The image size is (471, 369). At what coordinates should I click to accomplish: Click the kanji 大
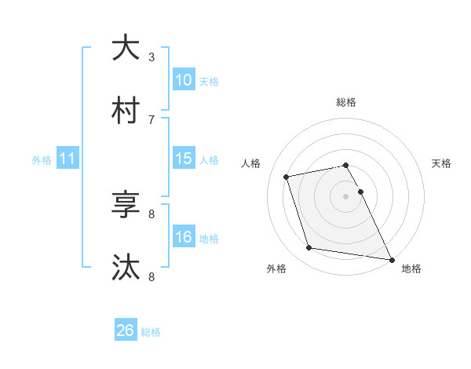click(x=126, y=49)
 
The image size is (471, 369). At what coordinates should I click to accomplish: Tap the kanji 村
click(x=126, y=111)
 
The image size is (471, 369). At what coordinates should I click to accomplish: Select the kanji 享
click(x=126, y=206)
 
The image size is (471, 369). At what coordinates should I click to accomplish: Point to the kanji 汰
click(x=126, y=269)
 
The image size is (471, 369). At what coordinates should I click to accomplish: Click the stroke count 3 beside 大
click(x=152, y=57)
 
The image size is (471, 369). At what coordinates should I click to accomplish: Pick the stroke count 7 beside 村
click(x=152, y=119)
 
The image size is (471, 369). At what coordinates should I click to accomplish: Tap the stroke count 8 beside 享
click(x=152, y=214)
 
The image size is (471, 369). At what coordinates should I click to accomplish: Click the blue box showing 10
click(x=184, y=80)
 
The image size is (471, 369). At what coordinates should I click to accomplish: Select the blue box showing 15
click(x=184, y=159)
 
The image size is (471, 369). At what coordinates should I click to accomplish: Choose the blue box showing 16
click(x=184, y=237)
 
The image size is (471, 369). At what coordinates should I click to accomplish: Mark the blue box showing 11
click(x=68, y=159)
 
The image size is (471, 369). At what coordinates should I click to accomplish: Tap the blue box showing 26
click(x=126, y=331)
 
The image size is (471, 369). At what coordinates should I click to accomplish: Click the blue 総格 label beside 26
click(x=151, y=332)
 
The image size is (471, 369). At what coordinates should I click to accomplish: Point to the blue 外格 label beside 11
click(x=42, y=160)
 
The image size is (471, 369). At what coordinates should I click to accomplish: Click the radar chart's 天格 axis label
click(x=442, y=163)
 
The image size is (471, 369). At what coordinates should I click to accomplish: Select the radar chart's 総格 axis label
click(x=346, y=102)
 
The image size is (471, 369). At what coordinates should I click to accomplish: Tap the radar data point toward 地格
click(x=390, y=258)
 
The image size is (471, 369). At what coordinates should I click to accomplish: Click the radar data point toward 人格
click(x=287, y=177)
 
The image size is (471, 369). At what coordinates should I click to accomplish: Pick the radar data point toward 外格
click(x=309, y=248)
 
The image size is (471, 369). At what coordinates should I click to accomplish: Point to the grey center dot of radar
click(x=346, y=196)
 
